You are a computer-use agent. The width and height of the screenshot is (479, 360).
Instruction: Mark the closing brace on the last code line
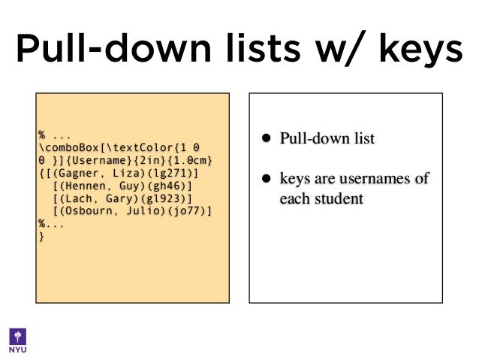[x=41, y=237]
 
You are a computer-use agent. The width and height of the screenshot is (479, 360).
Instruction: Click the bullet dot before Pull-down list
[x=265, y=138]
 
